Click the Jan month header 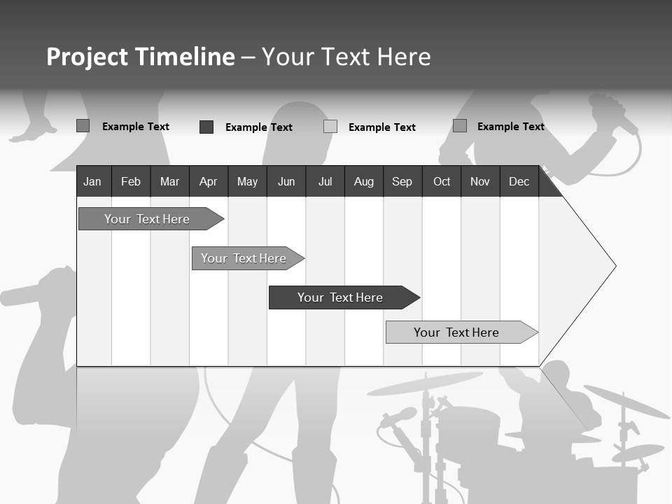(x=92, y=182)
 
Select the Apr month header (x=209, y=182)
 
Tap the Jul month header (x=325, y=182)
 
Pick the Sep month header (x=402, y=182)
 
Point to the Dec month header (x=519, y=182)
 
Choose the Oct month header (x=442, y=182)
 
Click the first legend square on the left (x=83, y=126)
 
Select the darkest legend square (x=206, y=127)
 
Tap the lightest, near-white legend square (x=330, y=127)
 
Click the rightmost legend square (x=460, y=126)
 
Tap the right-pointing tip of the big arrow (x=614, y=266)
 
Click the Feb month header (x=131, y=182)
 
